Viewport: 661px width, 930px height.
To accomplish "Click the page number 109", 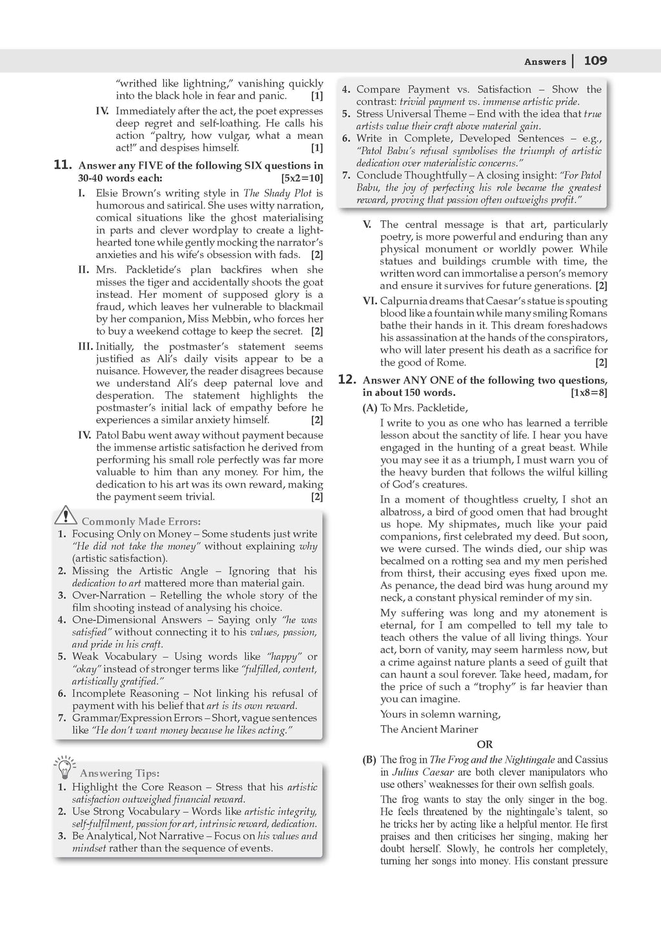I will [x=595, y=61].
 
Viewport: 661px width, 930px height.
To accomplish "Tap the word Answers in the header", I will [x=545, y=62].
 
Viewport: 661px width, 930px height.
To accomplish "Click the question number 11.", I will [x=62, y=165].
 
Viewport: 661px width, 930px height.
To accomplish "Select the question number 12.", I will [x=347, y=380].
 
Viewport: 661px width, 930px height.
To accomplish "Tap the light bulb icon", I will [x=65, y=767].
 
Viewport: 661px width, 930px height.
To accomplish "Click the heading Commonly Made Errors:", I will [x=141, y=521].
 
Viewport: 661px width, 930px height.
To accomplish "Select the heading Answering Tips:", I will [x=119, y=773].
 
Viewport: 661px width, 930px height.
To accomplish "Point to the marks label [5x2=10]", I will [x=302, y=178].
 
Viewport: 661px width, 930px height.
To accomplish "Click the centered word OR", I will [x=484, y=745].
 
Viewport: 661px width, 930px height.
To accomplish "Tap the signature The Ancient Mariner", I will [x=429, y=729].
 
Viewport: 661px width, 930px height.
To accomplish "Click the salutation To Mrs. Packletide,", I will [x=423, y=408].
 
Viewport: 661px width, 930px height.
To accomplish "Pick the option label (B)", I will [x=370, y=760].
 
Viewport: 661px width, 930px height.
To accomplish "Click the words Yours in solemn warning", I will [x=440, y=714].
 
